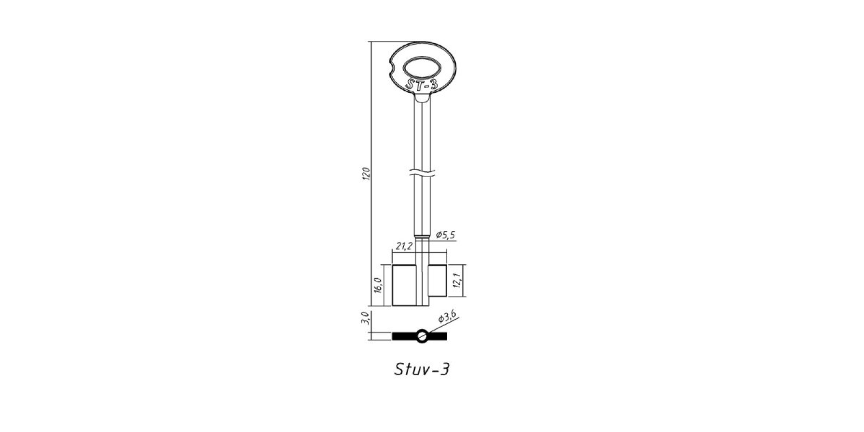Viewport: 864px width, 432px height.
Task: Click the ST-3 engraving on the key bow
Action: tap(422, 85)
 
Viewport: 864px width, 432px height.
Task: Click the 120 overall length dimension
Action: tap(366, 173)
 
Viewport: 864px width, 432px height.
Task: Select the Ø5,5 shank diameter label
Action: tap(446, 234)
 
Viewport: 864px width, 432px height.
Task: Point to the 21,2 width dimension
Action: tap(404, 246)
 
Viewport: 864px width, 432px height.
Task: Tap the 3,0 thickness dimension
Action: tap(365, 318)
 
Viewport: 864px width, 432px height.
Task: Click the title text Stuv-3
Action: tap(422, 369)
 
